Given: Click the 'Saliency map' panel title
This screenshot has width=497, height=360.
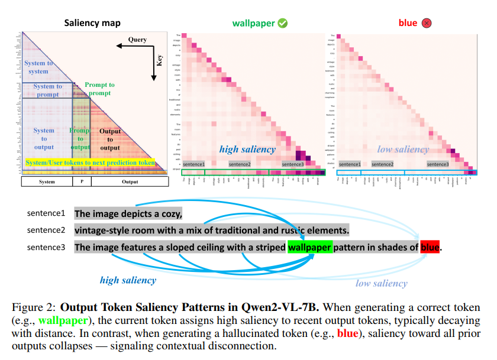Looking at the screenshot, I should tap(92, 23).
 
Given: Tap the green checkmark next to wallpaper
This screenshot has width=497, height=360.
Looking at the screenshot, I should tap(283, 23).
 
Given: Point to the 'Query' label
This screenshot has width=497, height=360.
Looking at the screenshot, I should tap(137, 40).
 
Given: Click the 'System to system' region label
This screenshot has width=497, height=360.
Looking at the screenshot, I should tap(38, 67).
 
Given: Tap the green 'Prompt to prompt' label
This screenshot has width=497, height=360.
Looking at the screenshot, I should tap(99, 89).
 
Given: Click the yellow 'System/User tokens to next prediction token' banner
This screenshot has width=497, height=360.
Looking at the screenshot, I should tap(90, 163).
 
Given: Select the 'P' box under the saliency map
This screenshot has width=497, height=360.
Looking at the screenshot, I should tap(82, 181).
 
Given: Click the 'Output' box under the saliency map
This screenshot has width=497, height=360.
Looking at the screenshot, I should tap(130, 181).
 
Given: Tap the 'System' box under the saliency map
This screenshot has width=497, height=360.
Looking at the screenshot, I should tap(47, 181).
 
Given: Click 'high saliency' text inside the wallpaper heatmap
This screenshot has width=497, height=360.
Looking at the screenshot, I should tap(247, 149).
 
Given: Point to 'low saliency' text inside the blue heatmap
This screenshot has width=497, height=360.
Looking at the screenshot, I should tap(402, 149).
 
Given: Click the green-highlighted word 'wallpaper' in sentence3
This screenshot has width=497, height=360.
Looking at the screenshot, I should tap(309, 247).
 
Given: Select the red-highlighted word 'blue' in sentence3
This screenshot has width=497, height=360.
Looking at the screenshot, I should tap(430, 247).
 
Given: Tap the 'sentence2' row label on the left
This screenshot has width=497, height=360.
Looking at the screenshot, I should tap(46, 230).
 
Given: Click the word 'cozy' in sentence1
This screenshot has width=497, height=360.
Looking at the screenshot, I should tap(167, 213).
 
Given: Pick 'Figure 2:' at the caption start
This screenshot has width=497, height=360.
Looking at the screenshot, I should tap(33, 308).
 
